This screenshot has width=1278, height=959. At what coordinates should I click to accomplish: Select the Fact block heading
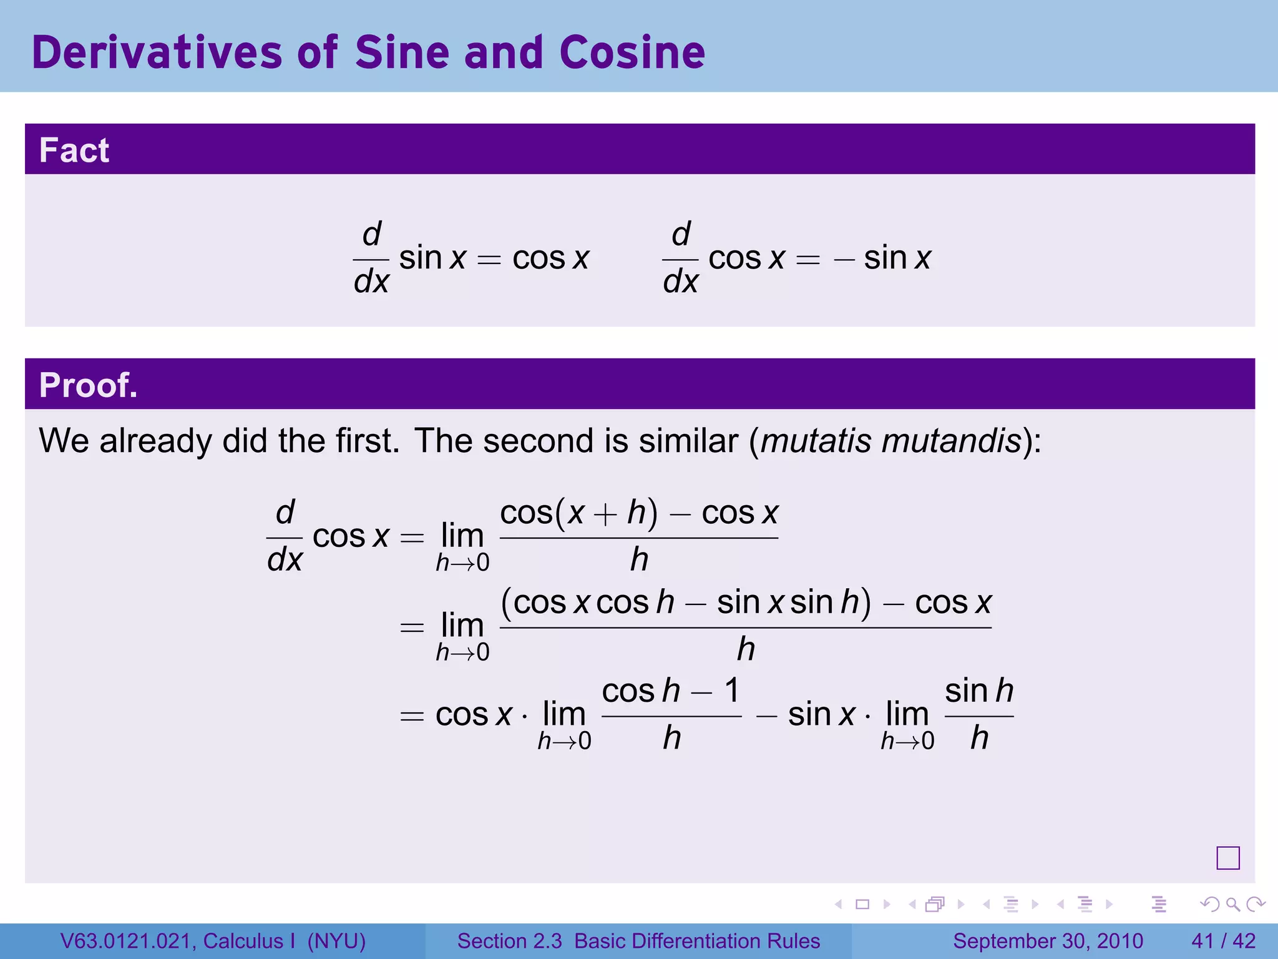tap(74, 150)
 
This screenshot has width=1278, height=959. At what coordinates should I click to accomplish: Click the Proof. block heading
tap(88, 385)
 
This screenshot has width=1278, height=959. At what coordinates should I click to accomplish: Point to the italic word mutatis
tap(816, 441)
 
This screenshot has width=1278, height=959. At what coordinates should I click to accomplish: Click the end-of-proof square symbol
tap(1227, 858)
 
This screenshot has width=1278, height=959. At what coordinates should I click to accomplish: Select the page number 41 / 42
tap(1223, 941)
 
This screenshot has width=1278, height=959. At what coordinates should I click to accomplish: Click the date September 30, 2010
tap(1048, 941)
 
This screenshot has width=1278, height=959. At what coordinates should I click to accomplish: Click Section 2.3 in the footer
tap(509, 941)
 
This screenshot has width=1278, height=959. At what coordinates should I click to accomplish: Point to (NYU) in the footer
tap(336, 941)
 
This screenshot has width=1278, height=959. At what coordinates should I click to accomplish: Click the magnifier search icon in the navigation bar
tap(1232, 904)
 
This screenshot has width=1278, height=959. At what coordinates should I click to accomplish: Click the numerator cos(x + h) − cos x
tap(639, 514)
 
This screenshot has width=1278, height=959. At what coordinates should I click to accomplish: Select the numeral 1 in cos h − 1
tap(731, 691)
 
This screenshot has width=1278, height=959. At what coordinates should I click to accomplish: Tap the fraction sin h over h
tap(978, 715)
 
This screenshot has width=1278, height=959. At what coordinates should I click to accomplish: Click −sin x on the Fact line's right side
tap(882, 258)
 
